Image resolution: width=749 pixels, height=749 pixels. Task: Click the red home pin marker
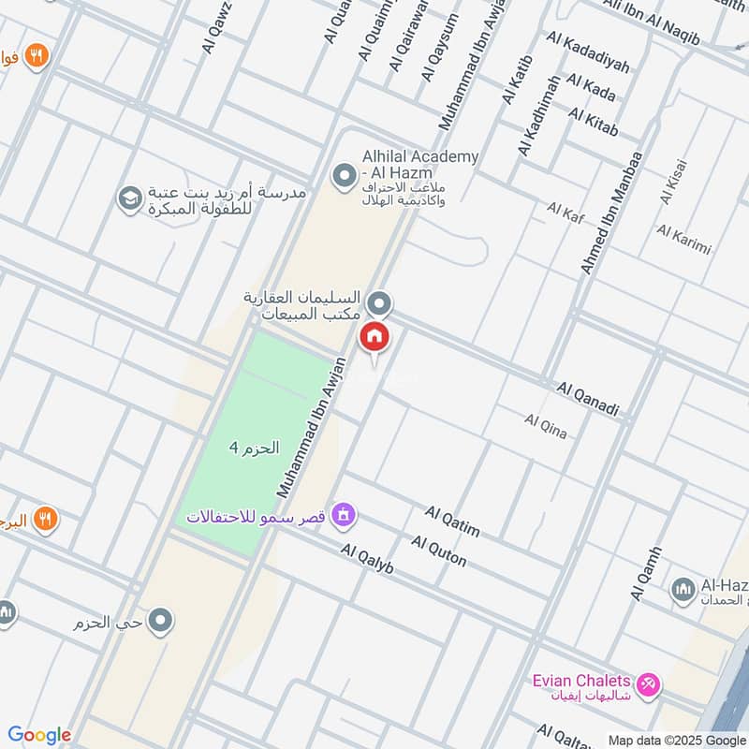[x=374, y=336]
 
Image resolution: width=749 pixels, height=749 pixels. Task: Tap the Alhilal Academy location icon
[x=344, y=175]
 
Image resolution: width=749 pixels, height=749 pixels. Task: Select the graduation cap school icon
[x=128, y=198]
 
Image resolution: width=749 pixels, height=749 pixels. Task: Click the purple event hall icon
[x=345, y=514]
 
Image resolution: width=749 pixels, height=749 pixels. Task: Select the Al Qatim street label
[x=452, y=522]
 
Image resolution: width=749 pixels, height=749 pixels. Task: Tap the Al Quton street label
[x=438, y=551]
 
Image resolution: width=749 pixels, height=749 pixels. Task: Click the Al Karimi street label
[x=683, y=239]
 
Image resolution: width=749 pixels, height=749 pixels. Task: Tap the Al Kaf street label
[x=565, y=213]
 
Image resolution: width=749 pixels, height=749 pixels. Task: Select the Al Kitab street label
[x=593, y=122]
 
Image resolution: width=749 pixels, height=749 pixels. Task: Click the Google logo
[x=39, y=735]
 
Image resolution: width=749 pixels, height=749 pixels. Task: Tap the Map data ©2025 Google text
[x=677, y=740]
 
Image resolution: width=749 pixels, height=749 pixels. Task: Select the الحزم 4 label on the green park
[x=254, y=448]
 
